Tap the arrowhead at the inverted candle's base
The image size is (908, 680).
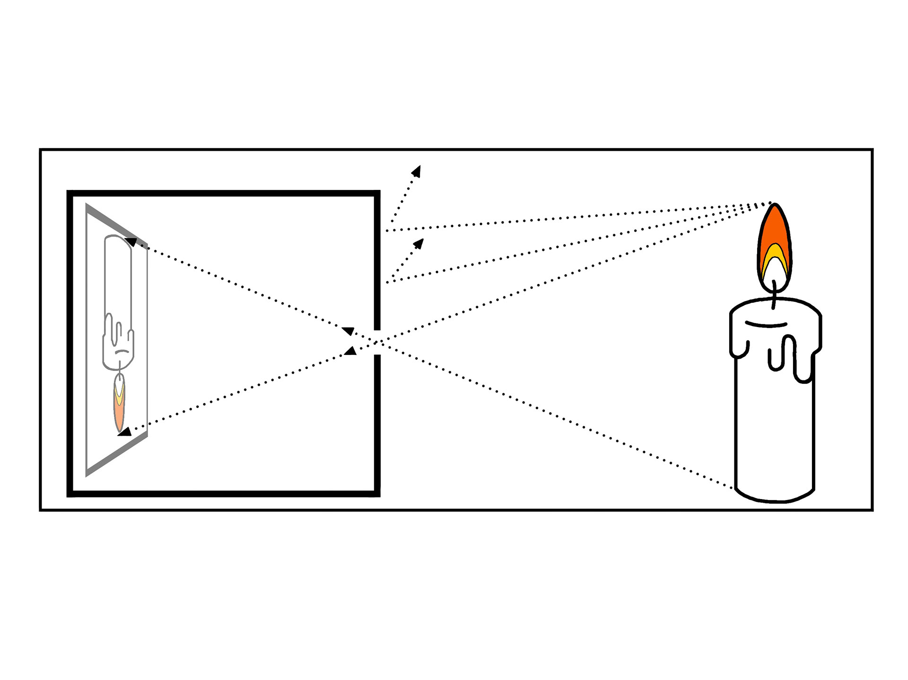click(131, 242)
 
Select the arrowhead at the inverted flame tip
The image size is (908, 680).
click(124, 431)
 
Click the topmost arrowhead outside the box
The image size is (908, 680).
click(416, 170)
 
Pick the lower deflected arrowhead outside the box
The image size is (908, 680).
click(419, 243)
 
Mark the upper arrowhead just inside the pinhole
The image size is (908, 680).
click(348, 331)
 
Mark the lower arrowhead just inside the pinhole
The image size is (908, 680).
click(350, 350)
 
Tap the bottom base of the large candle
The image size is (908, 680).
click(775, 496)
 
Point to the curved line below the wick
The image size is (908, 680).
click(766, 325)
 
